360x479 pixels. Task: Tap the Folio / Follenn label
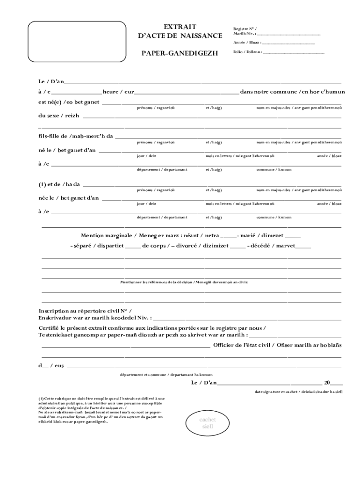[x=247, y=52]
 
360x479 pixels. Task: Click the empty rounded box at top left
[x=75, y=43]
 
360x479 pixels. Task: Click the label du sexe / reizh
[x=58, y=116]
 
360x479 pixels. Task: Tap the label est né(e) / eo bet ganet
[x=69, y=102]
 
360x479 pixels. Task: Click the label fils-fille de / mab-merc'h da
[x=76, y=136]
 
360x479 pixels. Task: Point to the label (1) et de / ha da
[x=59, y=184]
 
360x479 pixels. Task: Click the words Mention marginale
[x=105, y=235]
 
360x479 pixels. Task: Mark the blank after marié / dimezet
[x=292, y=236]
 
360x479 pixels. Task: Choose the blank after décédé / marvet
[x=303, y=246]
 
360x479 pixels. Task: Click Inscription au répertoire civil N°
[x=85, y=311]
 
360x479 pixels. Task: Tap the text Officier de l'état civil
[x=243, y=345]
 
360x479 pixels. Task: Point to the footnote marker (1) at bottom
[x=41, y=399]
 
